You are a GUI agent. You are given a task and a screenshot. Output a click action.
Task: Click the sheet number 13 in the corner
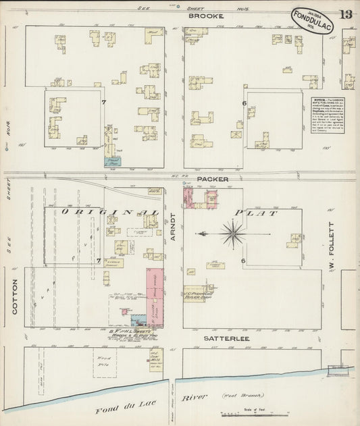point(346,14)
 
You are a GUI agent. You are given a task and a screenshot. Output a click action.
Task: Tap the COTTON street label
point(14,296)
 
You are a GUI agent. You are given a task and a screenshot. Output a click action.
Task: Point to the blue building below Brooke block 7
point(111,161)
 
